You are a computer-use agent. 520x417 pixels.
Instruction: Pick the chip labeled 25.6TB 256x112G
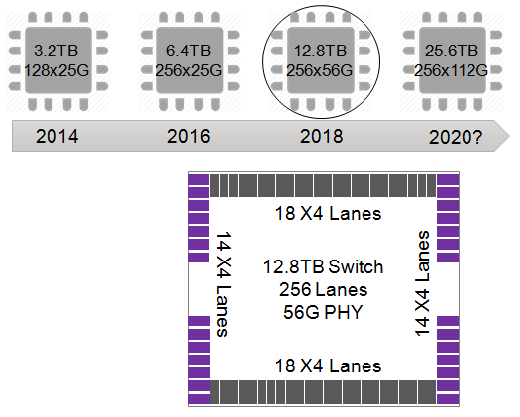click(x=452, y=59)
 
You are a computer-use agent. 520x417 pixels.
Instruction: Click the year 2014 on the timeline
click(x=57, y=136)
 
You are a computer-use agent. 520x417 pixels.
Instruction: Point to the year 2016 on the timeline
click(x=188, y=136)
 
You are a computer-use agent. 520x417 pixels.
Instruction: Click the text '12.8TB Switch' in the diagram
click(x=323, y=268)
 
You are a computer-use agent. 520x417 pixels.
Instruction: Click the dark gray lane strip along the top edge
click(x=323, y=185)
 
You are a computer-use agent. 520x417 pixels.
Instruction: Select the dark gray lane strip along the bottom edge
click(x=323, y=391)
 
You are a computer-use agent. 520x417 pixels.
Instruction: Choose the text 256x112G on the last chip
click(x=452, y=70)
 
